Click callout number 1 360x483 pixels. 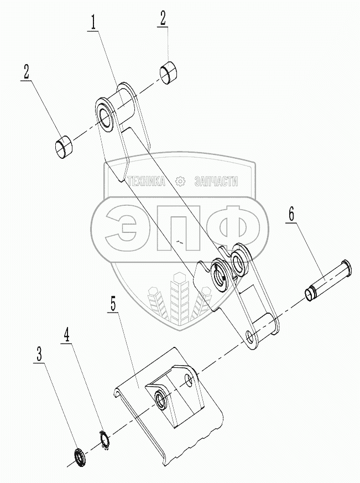(x=95, y=24)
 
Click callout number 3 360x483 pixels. (x=39, y=355)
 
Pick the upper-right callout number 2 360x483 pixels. (x=163, y=18)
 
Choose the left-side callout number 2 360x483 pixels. (x=26, y=72)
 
